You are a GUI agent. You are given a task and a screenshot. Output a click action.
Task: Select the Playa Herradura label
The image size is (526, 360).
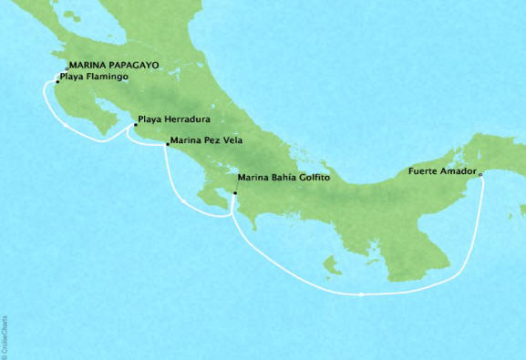tap(170, 119)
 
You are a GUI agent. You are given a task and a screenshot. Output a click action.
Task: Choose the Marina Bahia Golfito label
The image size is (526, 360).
tap(282, 179)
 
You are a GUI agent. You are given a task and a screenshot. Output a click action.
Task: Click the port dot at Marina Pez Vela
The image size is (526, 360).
tap(167, 144)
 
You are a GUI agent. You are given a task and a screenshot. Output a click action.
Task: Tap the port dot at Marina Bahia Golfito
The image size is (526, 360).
tap(235, 193)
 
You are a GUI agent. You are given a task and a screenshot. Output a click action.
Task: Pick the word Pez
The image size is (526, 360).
tap(211, 142)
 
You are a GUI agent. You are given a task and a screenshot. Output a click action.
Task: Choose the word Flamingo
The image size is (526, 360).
tap(105, 77)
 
